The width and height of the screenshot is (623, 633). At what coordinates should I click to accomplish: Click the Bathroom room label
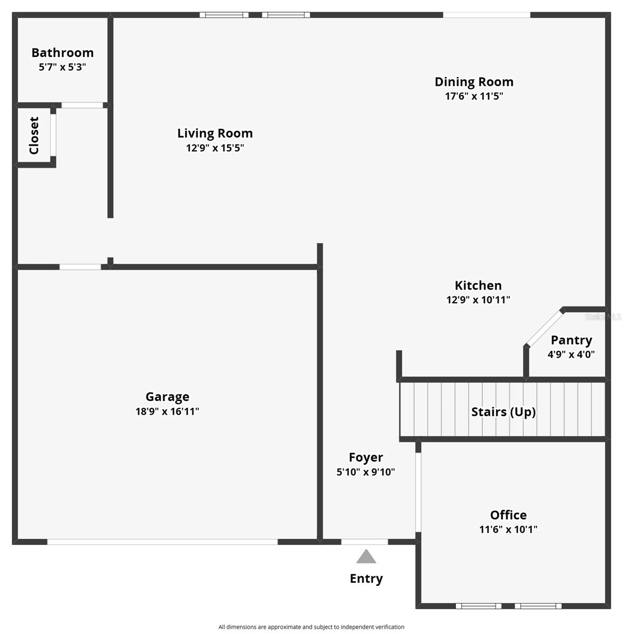[x=62, y=52]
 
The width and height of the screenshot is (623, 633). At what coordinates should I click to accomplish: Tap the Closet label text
[x=34, y=136]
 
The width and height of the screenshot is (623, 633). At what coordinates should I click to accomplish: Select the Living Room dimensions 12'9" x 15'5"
[x=215, y=148]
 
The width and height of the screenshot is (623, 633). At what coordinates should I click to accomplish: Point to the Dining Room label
[x=473, y=82]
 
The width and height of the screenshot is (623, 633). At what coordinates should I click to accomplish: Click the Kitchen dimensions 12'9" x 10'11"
[x=478, y=300]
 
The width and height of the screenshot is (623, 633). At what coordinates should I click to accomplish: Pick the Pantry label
[x=571, y=340]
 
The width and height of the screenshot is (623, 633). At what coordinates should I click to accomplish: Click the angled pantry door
[x=544, y=329]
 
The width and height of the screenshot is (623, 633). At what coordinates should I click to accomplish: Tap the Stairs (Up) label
[x=503, y=411]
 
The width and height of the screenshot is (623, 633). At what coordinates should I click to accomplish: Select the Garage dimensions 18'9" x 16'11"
[x=167, y=411]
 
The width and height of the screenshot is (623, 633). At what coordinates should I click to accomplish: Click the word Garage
[x=167, y=397]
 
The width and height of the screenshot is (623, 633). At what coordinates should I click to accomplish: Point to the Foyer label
[x=365, y=457]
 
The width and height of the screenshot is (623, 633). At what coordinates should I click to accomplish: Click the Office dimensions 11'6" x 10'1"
[x=508, y=529]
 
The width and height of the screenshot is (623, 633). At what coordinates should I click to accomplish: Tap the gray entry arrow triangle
[x=366, y=557]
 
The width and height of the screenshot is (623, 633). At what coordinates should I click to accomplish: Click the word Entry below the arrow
[x=366, y=579]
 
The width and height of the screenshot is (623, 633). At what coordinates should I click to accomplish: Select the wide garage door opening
[x=162, y=542]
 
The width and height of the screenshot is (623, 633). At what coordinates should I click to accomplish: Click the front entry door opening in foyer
[x=364, y=542]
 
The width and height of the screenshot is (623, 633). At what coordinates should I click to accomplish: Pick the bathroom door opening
[x=82, y=105]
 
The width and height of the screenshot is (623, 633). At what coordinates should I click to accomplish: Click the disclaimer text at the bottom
[x=311, y=627]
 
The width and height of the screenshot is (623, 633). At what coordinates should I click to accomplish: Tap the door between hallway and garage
[x=80, y=267]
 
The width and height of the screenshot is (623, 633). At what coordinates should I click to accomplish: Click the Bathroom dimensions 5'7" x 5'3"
[x=62, y=67]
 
